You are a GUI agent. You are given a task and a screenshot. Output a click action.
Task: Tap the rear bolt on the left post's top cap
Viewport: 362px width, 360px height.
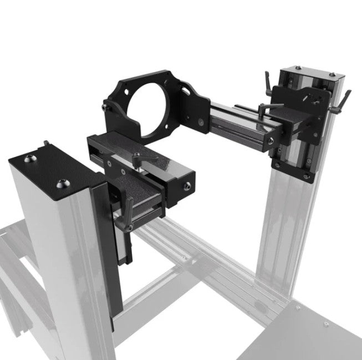coord(29,159)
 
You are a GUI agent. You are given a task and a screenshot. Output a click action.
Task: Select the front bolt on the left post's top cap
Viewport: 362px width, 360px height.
coord(60,182)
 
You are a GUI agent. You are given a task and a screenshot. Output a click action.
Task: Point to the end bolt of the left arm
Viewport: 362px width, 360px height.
coord(188,185)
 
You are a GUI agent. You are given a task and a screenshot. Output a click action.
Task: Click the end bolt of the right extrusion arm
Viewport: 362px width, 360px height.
coord(269,143)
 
